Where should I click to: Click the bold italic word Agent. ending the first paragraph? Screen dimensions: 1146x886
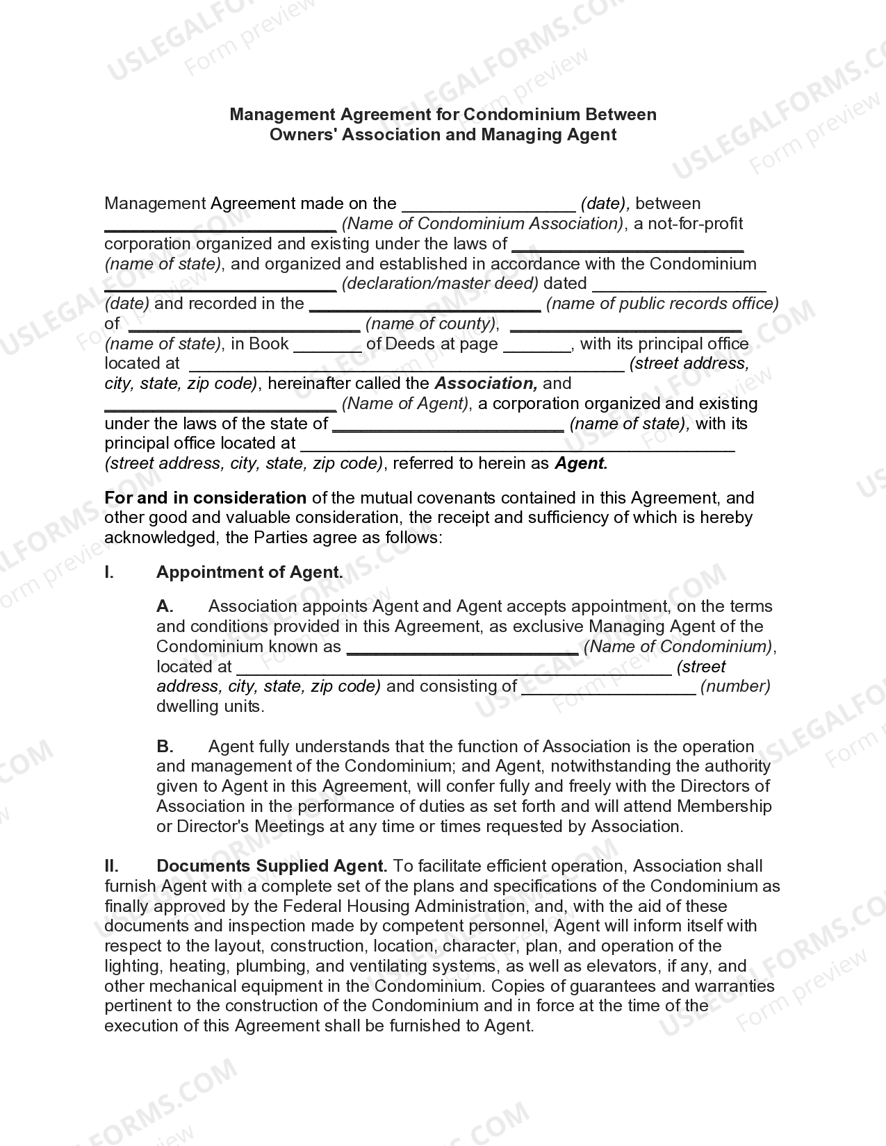point(581,463)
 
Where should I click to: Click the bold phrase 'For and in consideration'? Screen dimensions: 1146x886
point(205,498)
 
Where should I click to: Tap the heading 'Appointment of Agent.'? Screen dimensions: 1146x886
point(249,572)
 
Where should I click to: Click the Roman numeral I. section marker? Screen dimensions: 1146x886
point(109,572)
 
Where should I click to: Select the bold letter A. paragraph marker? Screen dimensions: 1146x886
point(165,606)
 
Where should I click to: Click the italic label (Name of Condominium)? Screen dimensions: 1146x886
point(678,647)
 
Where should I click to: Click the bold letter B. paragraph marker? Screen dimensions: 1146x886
point(165,747)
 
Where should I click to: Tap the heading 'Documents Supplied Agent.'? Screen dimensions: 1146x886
point(272,866)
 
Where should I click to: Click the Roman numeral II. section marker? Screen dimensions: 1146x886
point(111,866)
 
